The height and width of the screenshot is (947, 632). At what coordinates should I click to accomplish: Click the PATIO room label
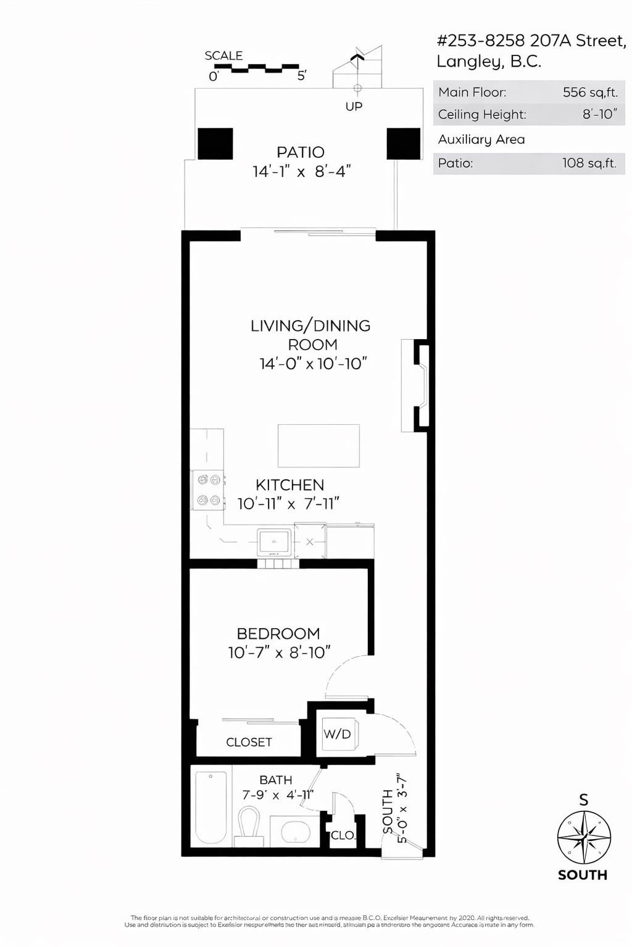(301, 152)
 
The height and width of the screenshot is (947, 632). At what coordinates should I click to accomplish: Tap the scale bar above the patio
(256, 68)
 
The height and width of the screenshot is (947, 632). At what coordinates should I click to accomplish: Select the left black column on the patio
(215, 144)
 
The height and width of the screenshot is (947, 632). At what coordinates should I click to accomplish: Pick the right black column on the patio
(403, 144)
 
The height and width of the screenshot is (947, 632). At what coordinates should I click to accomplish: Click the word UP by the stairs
(354, 107)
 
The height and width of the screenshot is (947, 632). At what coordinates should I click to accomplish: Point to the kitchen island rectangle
(318, 445)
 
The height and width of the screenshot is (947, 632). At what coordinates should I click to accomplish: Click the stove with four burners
(208, 490)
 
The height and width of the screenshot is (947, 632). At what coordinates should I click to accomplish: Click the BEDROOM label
(278, 634)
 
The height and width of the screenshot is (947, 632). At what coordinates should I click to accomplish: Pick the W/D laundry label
(337, 734)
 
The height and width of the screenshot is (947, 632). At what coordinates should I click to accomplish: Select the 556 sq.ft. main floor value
(589, 92)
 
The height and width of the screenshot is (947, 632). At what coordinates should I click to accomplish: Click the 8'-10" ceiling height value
(599, 115)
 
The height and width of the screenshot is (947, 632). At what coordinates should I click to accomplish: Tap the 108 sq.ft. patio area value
(589, 163)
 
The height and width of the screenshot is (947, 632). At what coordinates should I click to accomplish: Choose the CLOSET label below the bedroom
(249, 742)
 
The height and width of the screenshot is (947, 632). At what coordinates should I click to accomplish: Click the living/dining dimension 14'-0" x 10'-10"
(313, 364)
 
